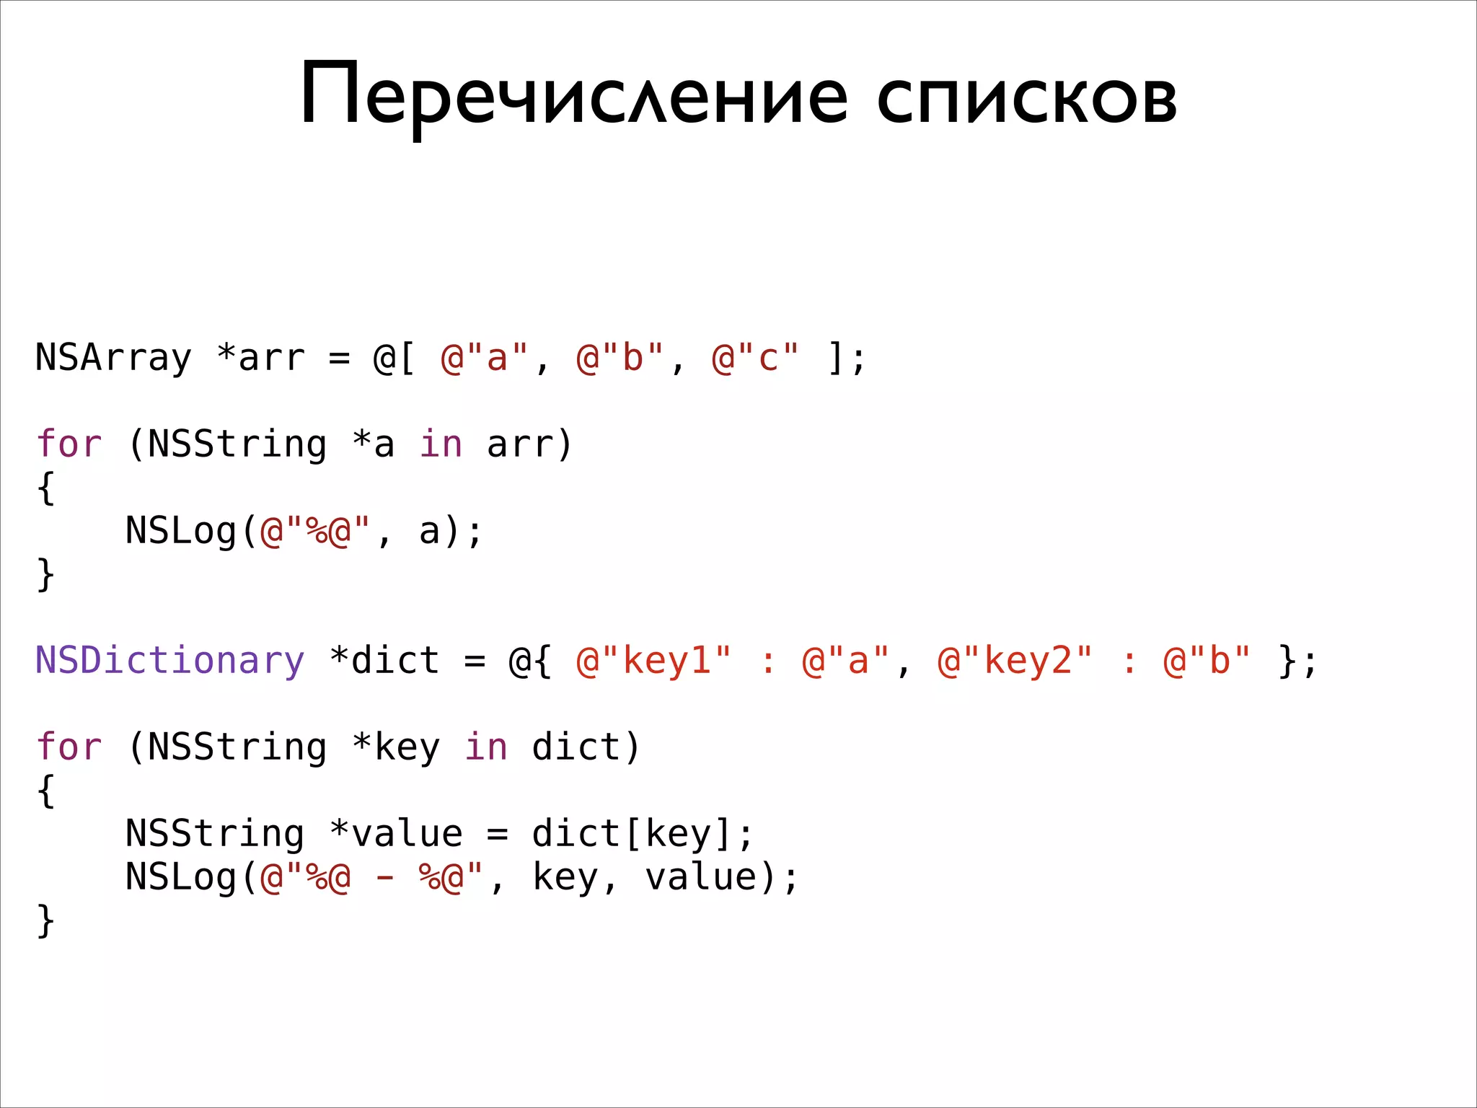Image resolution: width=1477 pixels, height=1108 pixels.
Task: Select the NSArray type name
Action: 113,358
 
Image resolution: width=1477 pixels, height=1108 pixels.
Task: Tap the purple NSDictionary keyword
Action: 170,661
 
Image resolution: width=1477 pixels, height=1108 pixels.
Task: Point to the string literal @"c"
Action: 755,358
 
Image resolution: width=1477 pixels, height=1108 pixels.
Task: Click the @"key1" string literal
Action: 654,661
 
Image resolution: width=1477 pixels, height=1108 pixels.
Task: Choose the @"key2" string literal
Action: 1015,661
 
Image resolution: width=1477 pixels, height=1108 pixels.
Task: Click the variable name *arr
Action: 261,358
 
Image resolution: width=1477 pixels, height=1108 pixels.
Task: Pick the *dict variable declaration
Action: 384,661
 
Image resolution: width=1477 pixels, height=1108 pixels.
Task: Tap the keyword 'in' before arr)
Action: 441,444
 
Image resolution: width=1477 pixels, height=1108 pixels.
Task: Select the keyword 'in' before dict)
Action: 485,747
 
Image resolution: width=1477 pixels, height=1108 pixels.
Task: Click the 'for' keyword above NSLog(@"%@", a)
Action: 69,444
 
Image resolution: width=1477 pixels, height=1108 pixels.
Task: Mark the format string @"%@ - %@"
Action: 371,877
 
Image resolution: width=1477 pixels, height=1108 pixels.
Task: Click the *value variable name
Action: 396,834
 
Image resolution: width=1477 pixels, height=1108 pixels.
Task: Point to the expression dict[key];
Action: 643,834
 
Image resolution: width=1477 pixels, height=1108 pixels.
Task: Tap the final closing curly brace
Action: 45,921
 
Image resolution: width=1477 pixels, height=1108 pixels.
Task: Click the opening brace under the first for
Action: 45,488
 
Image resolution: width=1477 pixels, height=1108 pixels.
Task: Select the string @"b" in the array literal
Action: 620,358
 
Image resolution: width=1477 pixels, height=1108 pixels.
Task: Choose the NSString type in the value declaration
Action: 215,834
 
